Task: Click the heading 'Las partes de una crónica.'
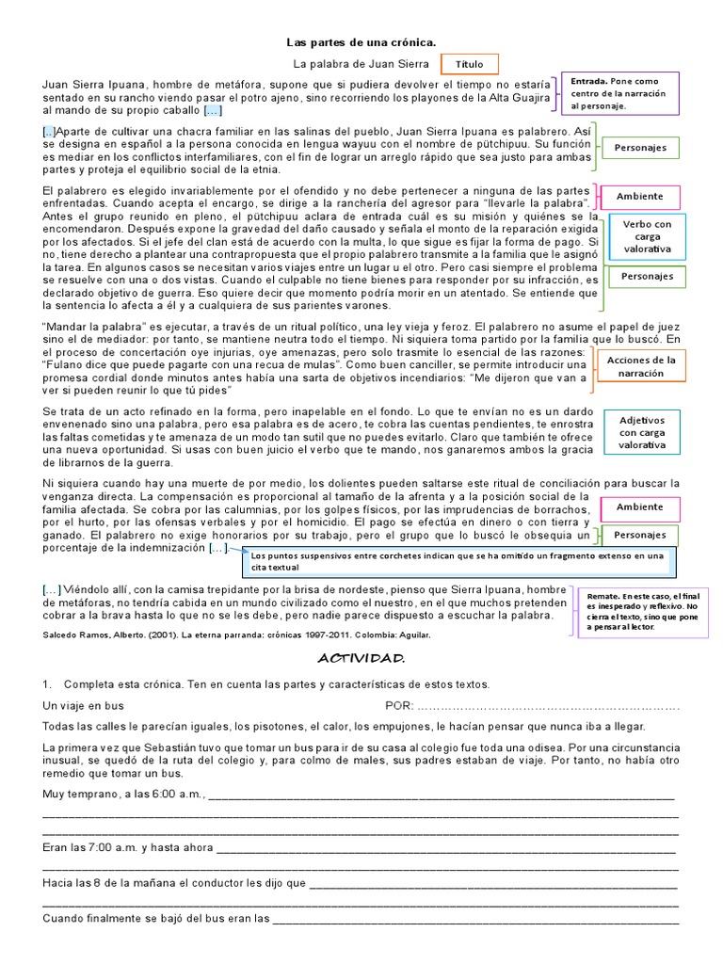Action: point(361,43)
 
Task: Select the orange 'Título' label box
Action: point(469,65)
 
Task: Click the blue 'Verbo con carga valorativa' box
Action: point(648,236)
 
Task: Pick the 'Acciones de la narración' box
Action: point(641,366)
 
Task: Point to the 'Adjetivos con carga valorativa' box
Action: point(642,432)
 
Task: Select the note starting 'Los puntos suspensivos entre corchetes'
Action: point(458,562)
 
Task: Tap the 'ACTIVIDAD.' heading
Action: point(361,656)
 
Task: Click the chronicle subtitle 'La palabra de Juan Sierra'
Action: point(361,65)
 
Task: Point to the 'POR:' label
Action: point(399,705)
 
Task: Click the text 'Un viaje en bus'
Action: point(83,705)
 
